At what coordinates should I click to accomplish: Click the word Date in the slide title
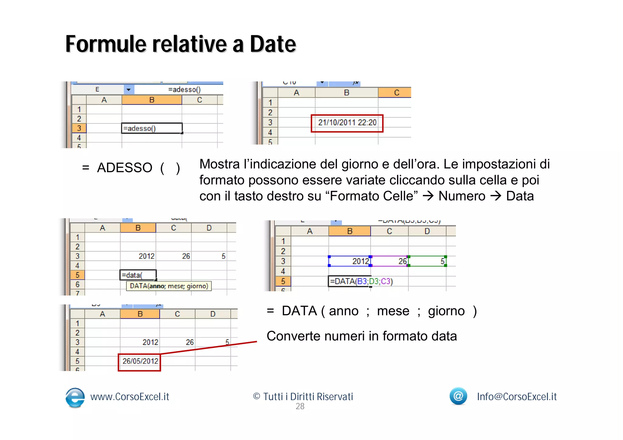click(x=273, y=44)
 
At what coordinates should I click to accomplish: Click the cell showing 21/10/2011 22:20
click(x=347, y=123)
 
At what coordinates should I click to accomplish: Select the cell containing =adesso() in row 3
click(x=151, y=128)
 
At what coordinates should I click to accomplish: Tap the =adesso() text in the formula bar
click(x=184, y=90)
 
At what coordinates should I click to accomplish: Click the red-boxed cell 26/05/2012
click(x=140, y=361)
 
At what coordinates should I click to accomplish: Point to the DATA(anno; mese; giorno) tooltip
click(x=169, y=286)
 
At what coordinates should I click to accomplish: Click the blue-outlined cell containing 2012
click(x=350, y=261)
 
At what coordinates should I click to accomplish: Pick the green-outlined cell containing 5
click(x=427, y=261)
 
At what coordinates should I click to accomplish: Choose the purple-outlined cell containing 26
click(x=389, y=261)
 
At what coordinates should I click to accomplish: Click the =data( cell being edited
click(x=138, y=275)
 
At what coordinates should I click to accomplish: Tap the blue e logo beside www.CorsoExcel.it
click(x=75, y=397)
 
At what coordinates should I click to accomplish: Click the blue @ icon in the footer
click(x=458, y=396)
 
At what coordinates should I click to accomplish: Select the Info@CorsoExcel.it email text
click(x=517, y=397)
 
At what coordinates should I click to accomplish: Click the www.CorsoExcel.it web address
click(x=130, y=397)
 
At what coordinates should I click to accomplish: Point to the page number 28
click(x=300, y=407)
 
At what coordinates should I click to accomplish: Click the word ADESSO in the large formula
click(x=125, y=168)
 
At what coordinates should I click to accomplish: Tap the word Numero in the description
click(x=462, y=196)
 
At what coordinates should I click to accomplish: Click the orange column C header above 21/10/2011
click(x=396, y=93)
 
